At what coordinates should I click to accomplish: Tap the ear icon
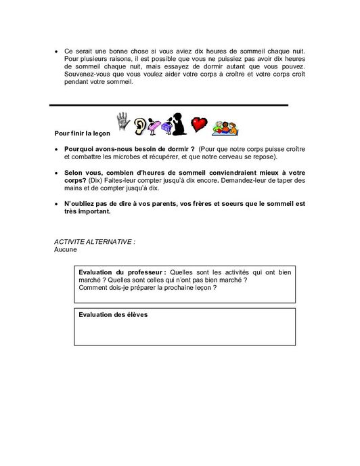click(x=141, y=125)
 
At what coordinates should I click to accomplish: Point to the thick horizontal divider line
click(x=169, y=105)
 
